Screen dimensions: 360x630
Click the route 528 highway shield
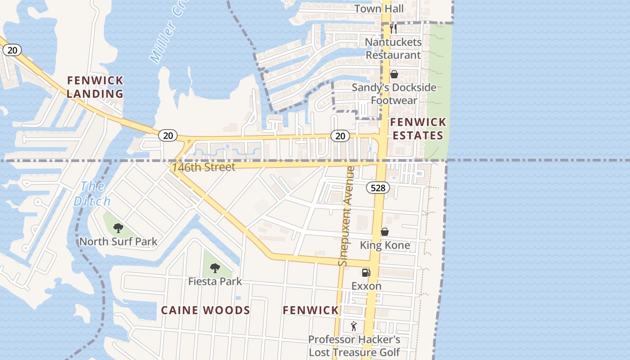378,188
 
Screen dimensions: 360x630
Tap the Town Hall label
379,9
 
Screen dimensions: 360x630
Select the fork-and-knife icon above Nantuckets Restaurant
393,29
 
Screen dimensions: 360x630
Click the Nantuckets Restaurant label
393,49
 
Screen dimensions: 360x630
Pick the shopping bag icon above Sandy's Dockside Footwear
394,74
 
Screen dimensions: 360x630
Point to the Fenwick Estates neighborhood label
418,129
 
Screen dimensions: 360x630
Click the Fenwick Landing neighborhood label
95,87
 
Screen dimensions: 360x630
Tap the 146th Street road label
203,167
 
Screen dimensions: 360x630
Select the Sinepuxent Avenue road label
347,216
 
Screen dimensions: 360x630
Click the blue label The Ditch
92,193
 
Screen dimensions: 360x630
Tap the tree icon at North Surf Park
118,228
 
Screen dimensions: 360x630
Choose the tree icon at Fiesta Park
215,268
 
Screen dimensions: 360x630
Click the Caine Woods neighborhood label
206,310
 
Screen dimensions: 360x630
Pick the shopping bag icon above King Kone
385,232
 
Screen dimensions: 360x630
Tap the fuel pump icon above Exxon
366,272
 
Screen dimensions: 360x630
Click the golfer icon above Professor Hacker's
354,326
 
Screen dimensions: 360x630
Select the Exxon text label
366,286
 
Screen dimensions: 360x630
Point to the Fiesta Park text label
215,282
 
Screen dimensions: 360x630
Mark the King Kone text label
385,245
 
